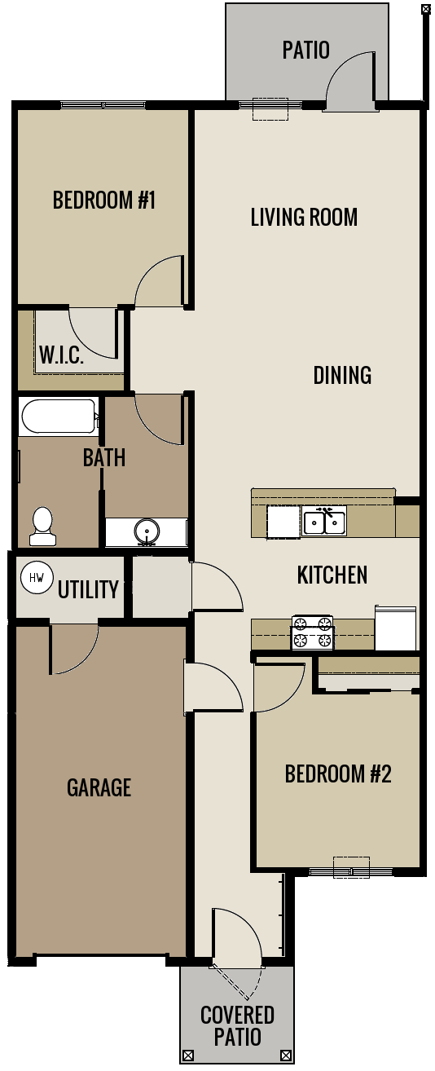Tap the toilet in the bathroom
(x=42, y=526)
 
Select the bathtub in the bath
(x=58, y=416)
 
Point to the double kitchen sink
(x=325, y=521)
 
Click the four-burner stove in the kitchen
(x=313, y=632)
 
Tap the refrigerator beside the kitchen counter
(x=396, y=628)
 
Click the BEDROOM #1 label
(x=103, y=201)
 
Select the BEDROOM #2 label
(x=338, y=773)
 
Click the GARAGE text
(x=99, y=787)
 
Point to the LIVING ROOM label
(x=304, y=218)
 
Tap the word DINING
(x=342, y=375)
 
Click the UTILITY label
(x=88, y=589)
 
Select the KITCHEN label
(x=332, y=575)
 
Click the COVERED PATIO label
(x=237, y=1025)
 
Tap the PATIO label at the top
(x=305, y=51)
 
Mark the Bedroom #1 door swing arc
(x=159, y=281)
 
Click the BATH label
(x=104, y=458)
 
